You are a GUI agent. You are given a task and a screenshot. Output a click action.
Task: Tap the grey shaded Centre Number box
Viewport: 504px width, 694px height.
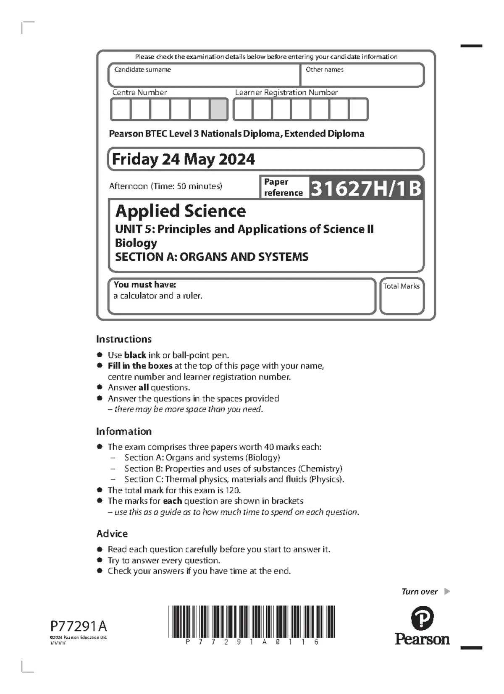click(218, 110)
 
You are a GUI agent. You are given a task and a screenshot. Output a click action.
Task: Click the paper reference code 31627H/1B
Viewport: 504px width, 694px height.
click(366, 188)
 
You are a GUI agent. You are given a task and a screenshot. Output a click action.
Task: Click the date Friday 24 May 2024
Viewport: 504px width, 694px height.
click(183, 159)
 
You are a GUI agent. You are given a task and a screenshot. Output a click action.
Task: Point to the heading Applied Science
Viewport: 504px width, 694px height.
click(181, 211)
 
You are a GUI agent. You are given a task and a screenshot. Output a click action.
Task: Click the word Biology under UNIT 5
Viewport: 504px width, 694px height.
click(136, 243)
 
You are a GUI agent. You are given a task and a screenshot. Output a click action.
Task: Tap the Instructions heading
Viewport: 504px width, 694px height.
click(124, 339)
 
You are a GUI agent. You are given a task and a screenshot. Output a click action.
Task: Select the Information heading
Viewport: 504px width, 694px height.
click(124, 431)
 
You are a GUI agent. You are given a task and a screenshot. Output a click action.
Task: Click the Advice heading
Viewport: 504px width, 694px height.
click(112, 534)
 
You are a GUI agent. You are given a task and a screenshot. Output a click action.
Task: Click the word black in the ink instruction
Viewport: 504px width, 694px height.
click(135, 355)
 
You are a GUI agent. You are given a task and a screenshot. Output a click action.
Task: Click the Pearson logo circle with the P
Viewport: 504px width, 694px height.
click(422, 618)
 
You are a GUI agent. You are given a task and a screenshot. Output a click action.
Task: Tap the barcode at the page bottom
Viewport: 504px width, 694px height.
click(252, 622)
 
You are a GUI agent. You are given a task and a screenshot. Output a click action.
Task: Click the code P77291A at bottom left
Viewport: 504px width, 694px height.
click(79, 626)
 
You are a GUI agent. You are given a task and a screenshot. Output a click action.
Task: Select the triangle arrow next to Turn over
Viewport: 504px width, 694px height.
click(447, 592)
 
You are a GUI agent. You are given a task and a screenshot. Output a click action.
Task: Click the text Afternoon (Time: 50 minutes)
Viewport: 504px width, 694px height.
click(165, 186)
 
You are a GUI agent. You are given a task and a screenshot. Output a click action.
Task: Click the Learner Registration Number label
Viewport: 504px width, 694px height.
click(286, 92)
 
